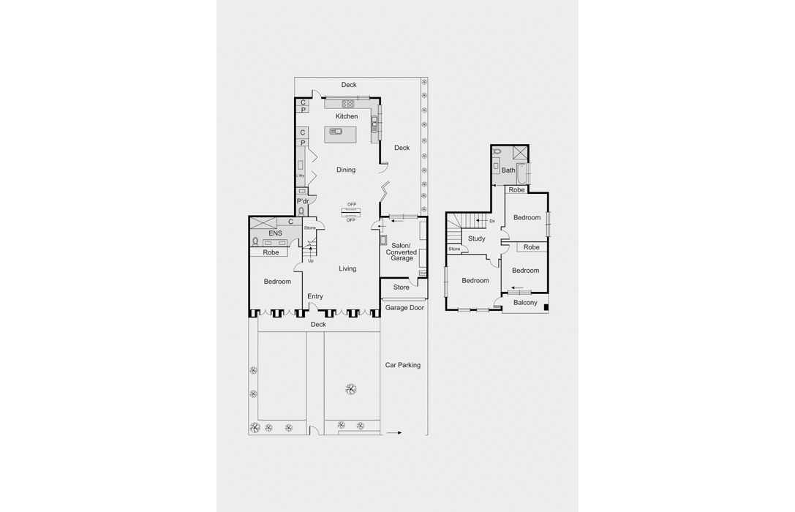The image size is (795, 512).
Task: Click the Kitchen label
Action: (347, 116)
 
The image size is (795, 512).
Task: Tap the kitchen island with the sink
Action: (340, 133)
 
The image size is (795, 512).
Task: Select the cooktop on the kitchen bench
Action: (347, 103)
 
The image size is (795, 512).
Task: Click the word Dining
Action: (346, 170)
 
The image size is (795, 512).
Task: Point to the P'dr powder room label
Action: (302, 201)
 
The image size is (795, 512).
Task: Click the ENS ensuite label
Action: (275, 233)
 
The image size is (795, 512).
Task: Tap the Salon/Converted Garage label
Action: (401, 252)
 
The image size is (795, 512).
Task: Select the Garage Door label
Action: (404, 308)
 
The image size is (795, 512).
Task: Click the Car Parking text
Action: (403, 365)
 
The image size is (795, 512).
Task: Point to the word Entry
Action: (315, 296)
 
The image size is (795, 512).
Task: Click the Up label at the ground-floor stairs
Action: (311, 260)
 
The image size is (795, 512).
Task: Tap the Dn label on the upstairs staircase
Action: (492, 221)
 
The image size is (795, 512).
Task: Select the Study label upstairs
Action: (476, 238)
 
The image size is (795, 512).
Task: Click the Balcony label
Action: (525, 303)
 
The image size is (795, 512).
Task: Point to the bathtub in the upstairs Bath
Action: (521, 174)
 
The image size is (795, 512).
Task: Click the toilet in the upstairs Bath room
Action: (497, 152)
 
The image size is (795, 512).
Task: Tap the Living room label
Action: (347, 268)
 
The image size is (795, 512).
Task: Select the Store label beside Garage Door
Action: (402, 287)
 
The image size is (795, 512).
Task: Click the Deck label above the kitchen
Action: (349, 85)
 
